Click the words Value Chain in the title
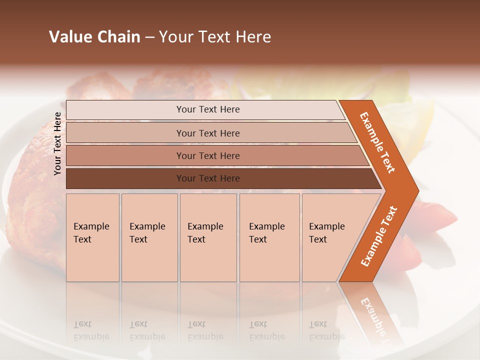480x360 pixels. tap(94, 37)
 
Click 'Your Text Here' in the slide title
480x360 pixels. tap(215, 37)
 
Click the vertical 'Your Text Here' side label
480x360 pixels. tap(57, 143)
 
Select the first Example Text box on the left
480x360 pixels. tap(92, 237)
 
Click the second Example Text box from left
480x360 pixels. tap(149, 237)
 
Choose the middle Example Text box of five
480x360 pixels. tap(208, 237)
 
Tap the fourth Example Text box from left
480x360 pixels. tap(269, 237)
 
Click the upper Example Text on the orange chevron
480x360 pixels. tap(377, 142)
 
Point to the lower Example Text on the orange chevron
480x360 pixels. tap(378, 236)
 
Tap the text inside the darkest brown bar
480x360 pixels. tap(208, 178)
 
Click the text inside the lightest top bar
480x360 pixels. tap(208, 109)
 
